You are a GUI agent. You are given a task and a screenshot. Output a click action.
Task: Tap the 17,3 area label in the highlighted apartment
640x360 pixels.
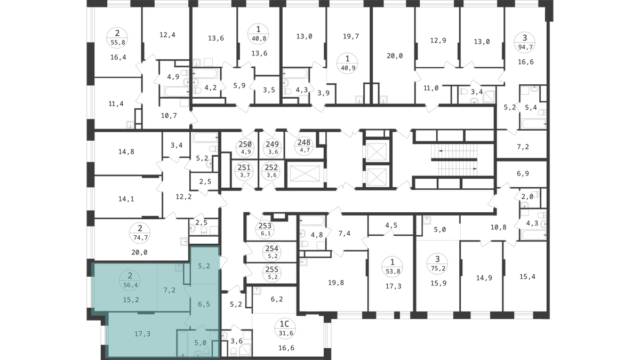tap(142, 334)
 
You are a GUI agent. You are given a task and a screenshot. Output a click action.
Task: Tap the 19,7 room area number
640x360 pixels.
tap(351, 36)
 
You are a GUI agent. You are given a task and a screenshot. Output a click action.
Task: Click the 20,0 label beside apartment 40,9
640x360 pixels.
tap(395, 56)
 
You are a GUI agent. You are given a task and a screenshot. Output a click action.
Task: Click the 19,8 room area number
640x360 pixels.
tap(336, 283)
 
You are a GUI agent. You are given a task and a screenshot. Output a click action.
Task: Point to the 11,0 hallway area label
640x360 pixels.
tap(431, 89)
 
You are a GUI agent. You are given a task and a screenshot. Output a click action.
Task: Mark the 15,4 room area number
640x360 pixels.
tap(527, 277)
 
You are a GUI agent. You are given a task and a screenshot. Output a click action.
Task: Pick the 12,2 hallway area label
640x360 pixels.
tap(183, 197)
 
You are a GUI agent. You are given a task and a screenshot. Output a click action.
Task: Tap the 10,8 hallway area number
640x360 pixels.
tap(499, 227)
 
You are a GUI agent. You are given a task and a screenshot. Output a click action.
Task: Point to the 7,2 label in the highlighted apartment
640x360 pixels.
tap(170, 290)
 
